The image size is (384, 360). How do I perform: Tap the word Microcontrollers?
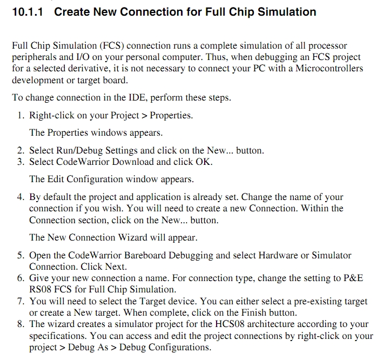(x=329, y=68)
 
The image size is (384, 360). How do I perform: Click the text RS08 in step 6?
(x=41, y=289)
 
